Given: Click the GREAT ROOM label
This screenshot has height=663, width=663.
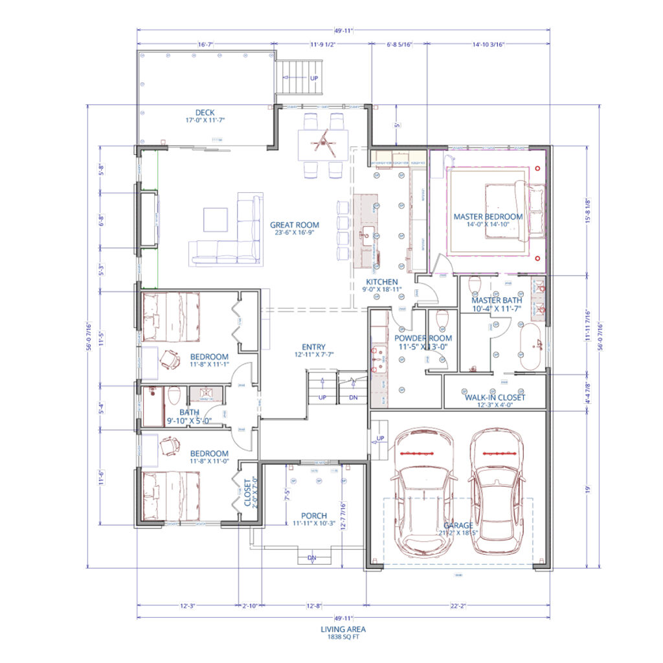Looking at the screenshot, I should pos(295,225).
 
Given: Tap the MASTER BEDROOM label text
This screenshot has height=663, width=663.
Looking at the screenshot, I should pos(488,216).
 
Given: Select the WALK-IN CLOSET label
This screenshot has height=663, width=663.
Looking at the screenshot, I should pos(495,397).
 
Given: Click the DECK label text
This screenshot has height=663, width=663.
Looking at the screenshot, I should pos(205,113).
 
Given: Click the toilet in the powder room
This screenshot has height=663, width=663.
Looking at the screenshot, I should pos(443,320).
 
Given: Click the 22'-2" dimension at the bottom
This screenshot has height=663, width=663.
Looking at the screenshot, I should pos(457,607).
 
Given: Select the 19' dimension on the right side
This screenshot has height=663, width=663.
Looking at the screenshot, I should pos(588,489).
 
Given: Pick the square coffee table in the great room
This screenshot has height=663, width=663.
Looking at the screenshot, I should pos(216,218).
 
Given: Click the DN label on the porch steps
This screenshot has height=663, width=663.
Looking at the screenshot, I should pos(312,557).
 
